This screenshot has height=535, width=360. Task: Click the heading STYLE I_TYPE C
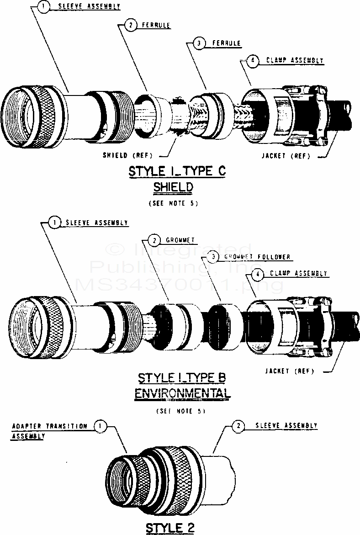point(177,172)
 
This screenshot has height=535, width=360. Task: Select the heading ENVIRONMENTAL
point(182,393)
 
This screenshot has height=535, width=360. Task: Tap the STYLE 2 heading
point(170,528)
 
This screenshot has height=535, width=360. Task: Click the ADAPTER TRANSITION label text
point(49,426)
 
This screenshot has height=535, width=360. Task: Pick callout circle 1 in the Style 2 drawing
point(101,426)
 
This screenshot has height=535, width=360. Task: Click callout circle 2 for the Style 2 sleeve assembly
point(238,426)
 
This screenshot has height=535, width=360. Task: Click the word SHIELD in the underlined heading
point(174,187)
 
